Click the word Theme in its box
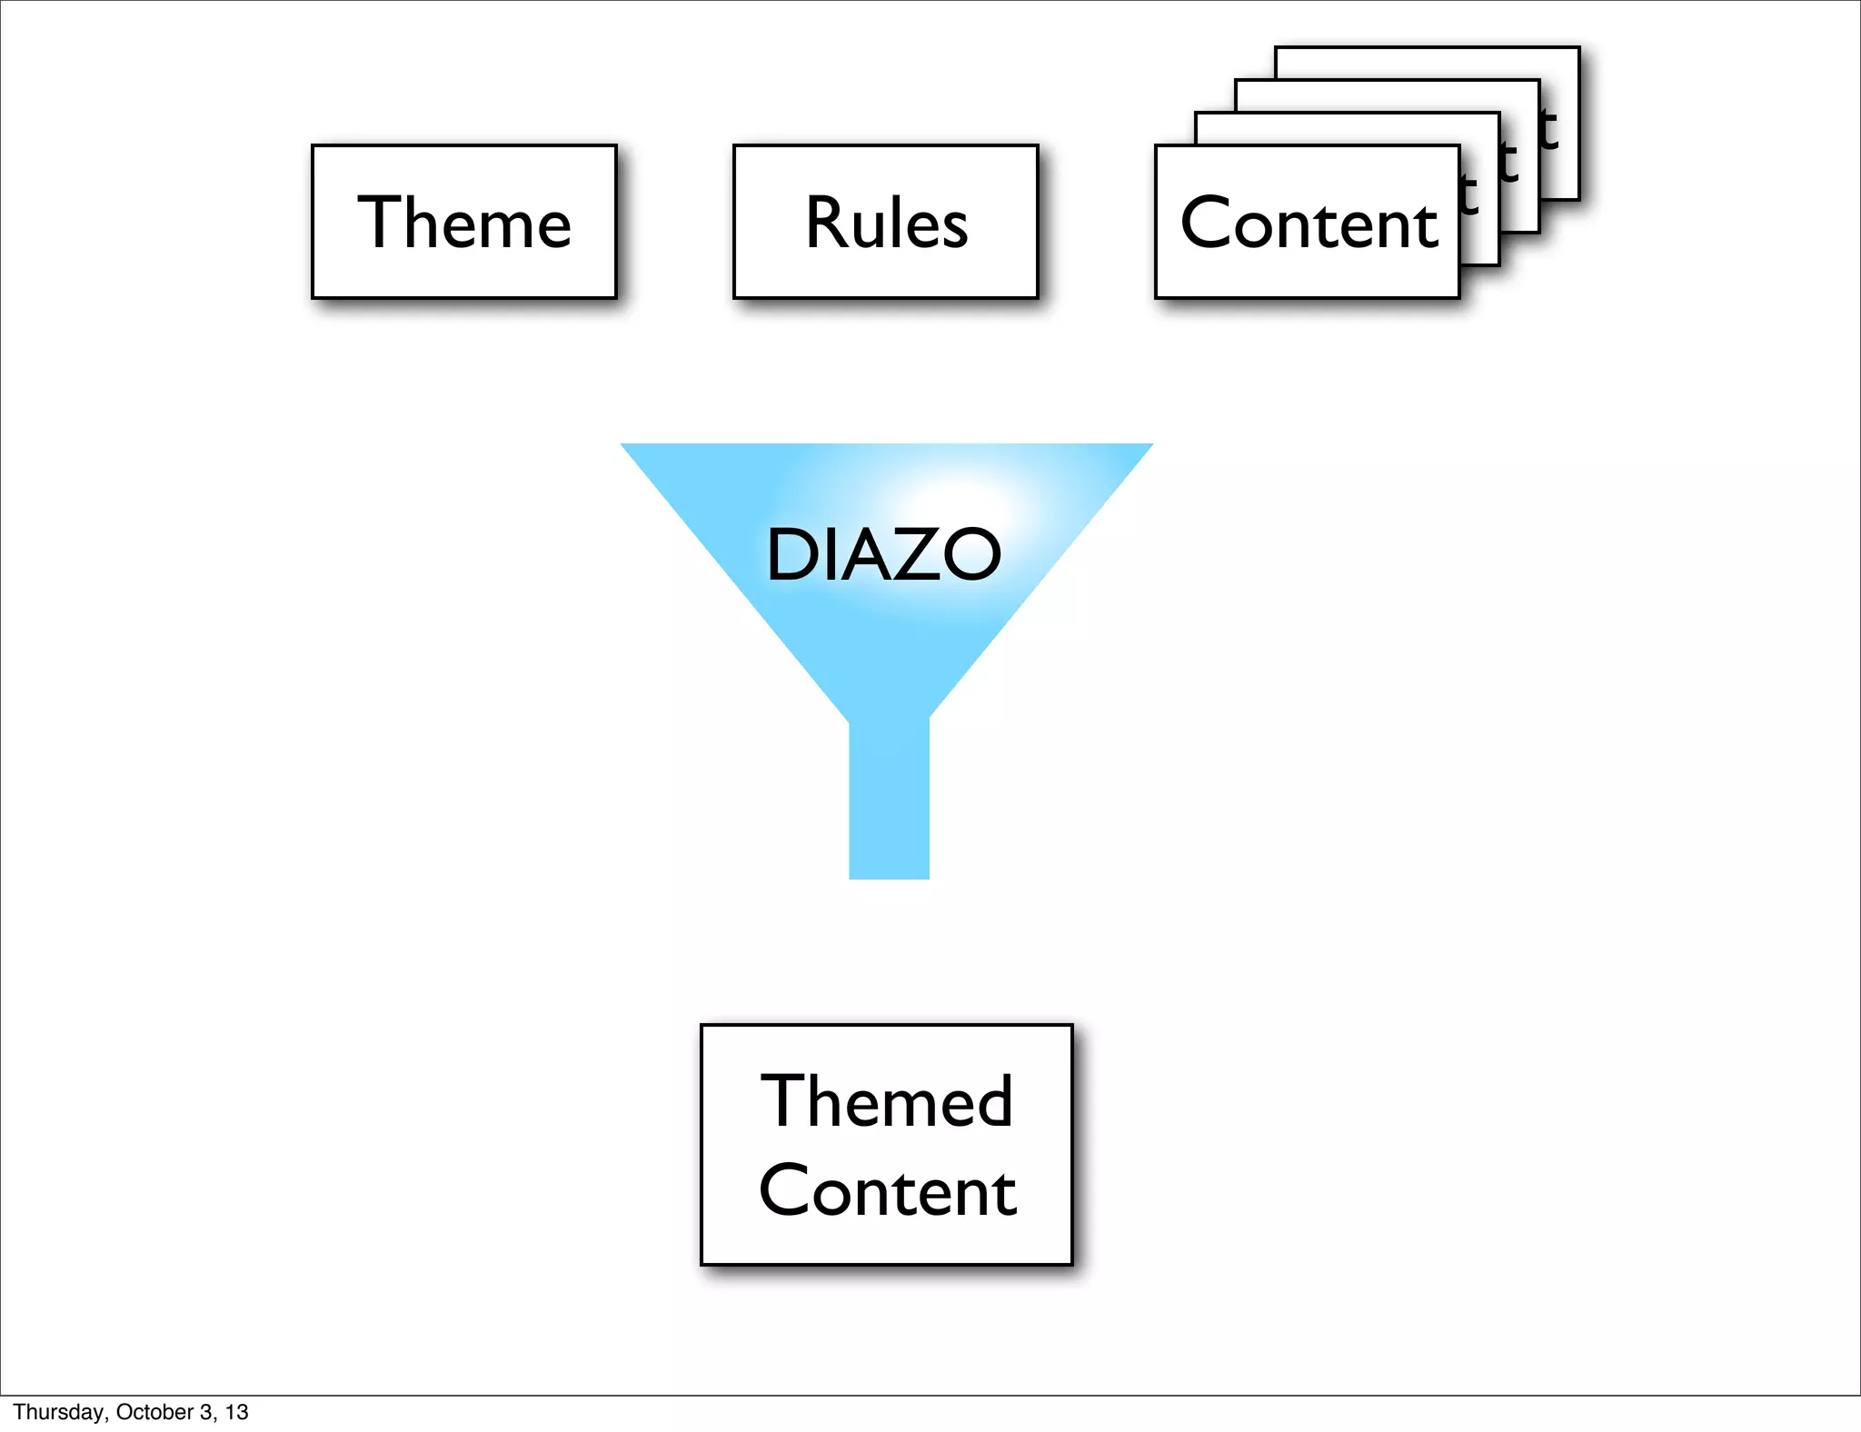point(463,223)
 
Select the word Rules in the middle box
point(886,223)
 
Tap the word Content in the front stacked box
point(1309,224)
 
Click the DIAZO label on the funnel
point(883,554)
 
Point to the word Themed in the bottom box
point(886,1101)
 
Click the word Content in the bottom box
point(887,1191)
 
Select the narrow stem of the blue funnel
point(889,800)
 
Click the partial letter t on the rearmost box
point(1548,131)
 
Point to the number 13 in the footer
point(237,1412)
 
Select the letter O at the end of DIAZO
point(970,554)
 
